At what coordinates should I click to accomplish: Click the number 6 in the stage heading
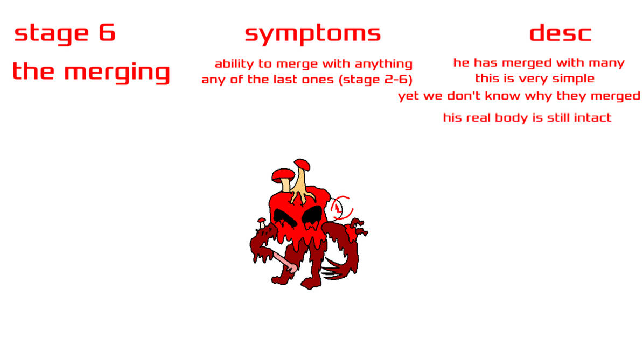coord(107,33)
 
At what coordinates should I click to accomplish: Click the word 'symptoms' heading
coord(312,34)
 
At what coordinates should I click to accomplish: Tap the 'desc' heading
coord(560,33)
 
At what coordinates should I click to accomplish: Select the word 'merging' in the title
coord(117,73)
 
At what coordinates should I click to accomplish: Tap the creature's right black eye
coord(313,215)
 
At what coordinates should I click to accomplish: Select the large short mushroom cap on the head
coord(283,174)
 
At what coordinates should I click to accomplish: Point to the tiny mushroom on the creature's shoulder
coord(261,220)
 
